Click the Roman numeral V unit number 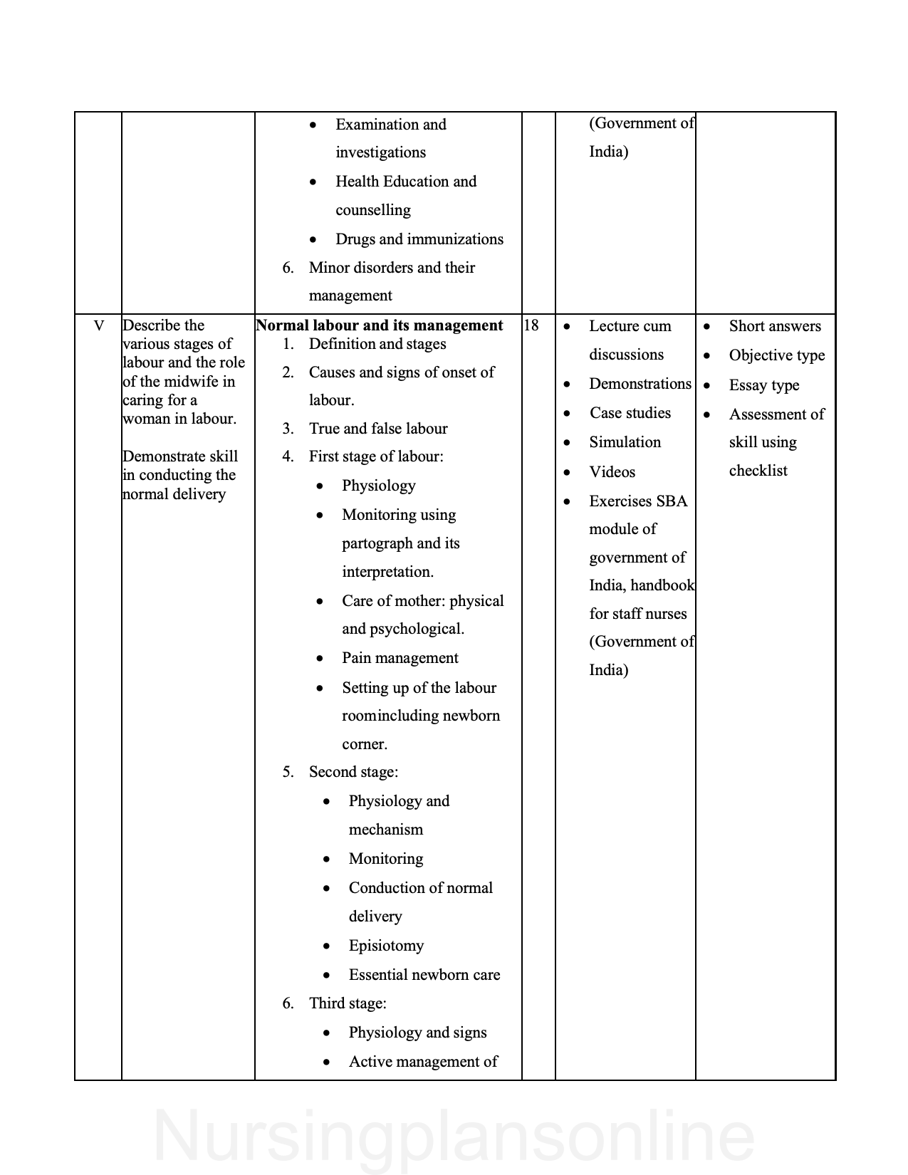click(x=99, y=326)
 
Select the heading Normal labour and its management click(x=380, y=325)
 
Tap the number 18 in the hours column click(x=531, y=325)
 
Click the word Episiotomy click(x=386, y=946)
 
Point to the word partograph click(x=377, y=543)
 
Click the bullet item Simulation click(x=625, y=442)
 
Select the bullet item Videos click(x=612, y=472)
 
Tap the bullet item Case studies click(x=630, y=413)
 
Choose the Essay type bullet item click(x=763, y=385)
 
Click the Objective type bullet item click(x=776, y=355)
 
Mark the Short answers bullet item click(x=775, y=326)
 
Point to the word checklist click(x=758, y=471)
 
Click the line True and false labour click(x=378, y=429)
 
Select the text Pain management click(x=400, y=658)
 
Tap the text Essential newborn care click(x=424, y=975)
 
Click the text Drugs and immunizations click(x=419, y=239)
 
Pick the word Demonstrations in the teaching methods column click(x=640, y=384)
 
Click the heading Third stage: click(x=348, y=1003)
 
